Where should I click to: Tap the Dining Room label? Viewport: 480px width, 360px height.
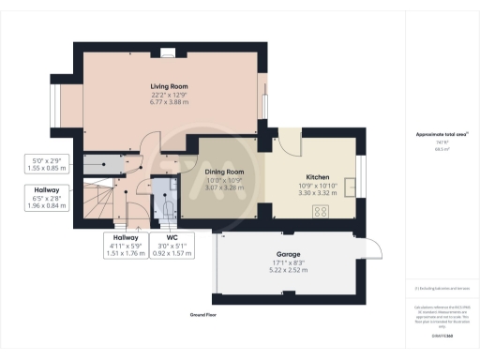(x=224, y=172)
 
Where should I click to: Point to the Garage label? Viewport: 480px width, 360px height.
(x=289, y=260)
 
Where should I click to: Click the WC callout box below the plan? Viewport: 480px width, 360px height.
(x=171, y=245)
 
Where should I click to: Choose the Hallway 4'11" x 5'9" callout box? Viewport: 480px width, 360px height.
(x=126, y=245)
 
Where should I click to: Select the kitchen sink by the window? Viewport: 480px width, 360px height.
(x=354, y=178)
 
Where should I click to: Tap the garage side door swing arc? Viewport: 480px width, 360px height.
(x=374, y=247)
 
